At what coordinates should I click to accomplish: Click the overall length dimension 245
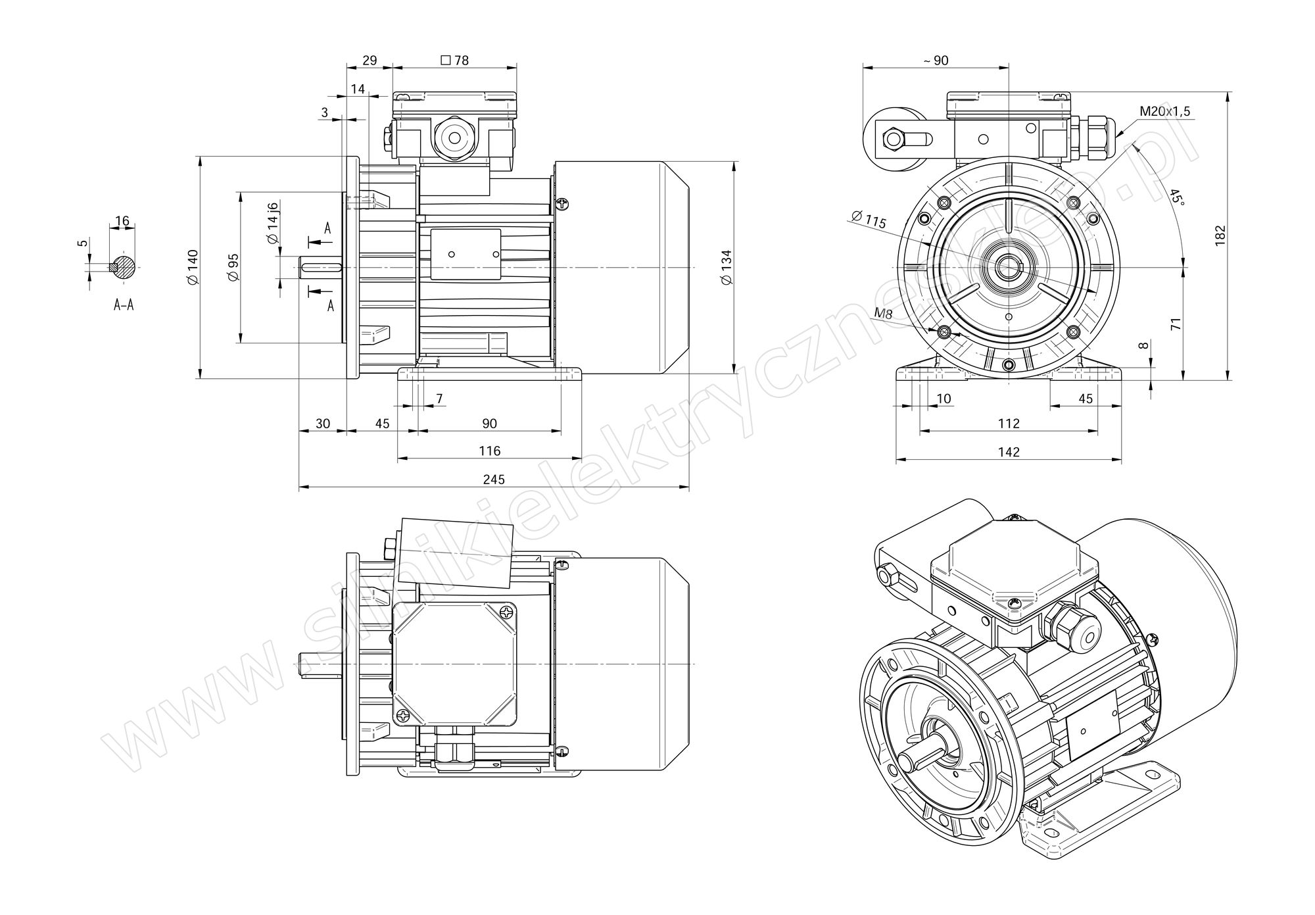[494, 480]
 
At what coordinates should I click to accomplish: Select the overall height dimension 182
[1220, 235]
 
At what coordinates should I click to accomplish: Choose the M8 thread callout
[883, 314]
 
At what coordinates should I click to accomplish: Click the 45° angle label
[1176, 197]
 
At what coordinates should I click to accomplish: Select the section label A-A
[124, 305]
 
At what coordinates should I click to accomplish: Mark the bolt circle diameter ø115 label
[869, 220]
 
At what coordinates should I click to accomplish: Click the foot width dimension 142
[1009, 452]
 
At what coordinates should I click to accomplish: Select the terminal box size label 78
[454, 61]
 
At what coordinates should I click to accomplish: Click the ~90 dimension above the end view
[936, 61]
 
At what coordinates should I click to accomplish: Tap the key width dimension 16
[122, 220]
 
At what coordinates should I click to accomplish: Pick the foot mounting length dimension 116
[489, 451]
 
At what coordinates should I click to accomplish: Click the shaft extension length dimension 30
[322, 423]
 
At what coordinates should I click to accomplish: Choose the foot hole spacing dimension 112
[1009, 423]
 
